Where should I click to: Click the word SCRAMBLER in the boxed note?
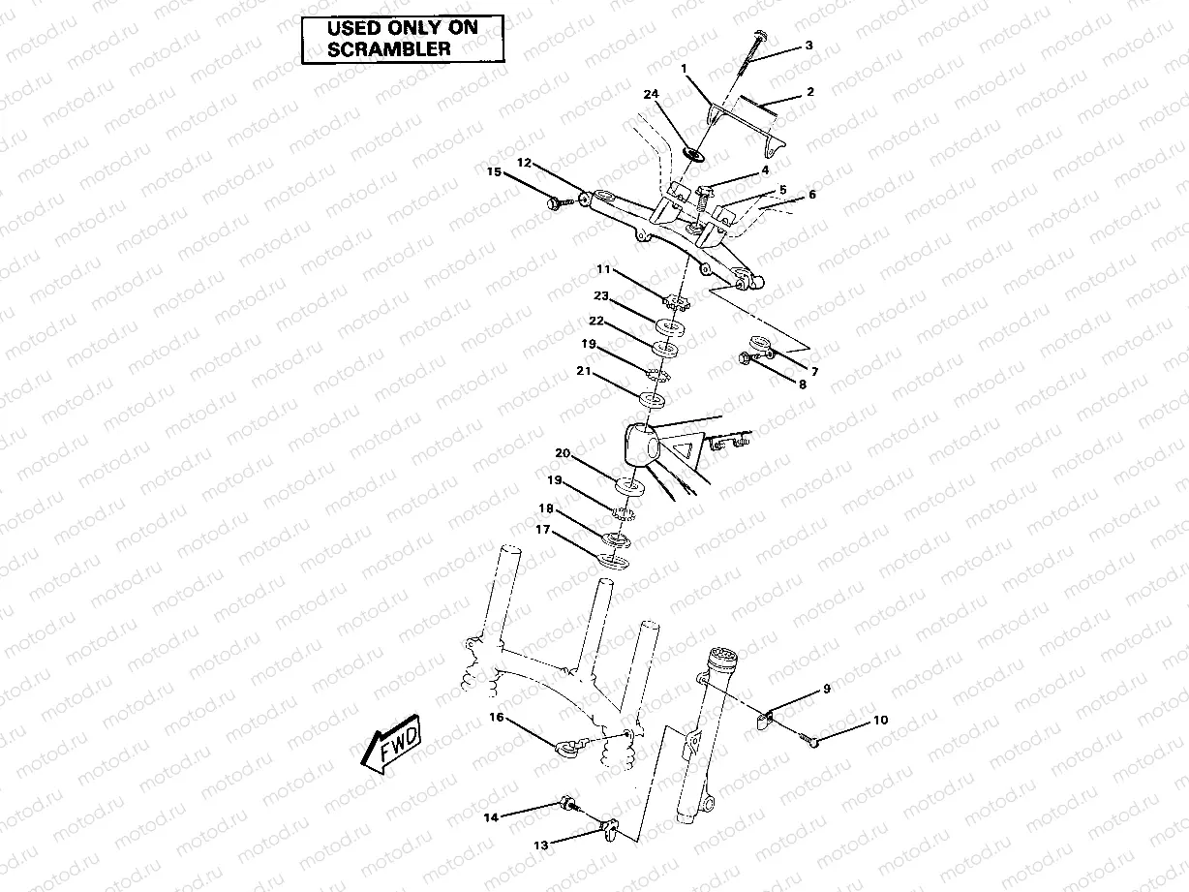389,48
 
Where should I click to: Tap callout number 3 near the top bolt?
808,46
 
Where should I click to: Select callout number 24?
651,94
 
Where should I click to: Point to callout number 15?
494,172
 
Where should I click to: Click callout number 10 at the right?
880,721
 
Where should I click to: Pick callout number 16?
496,718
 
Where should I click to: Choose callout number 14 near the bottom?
491,817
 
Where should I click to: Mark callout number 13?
539,845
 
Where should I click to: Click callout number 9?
827,690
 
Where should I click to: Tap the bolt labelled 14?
564,803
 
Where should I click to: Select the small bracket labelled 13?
608,826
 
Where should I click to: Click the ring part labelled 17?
612,559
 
